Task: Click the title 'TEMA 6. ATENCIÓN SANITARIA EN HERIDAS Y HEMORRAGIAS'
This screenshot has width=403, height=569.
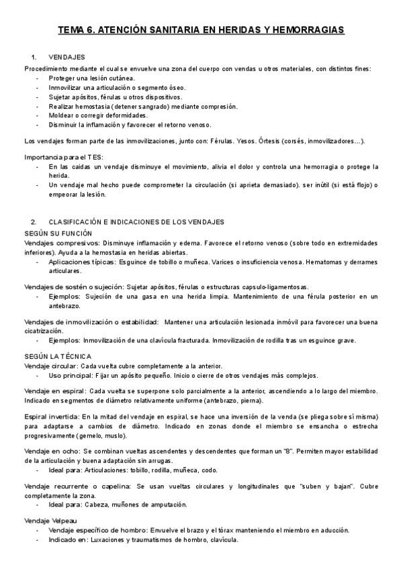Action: click(201, 30)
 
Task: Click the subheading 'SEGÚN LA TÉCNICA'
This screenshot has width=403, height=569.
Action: click(58, 356)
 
